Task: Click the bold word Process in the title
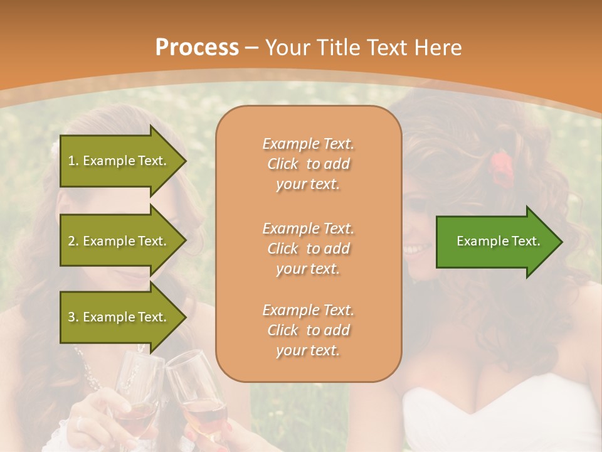[x=197, y=48]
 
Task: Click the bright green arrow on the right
[x=499, y=242]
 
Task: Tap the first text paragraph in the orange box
[x=308, y=164]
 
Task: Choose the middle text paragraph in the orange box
[x=308, y=249]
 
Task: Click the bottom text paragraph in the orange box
[x=308, y=330]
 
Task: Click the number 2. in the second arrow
[x=72, y=241]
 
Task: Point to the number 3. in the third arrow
[x=72, y=317]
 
